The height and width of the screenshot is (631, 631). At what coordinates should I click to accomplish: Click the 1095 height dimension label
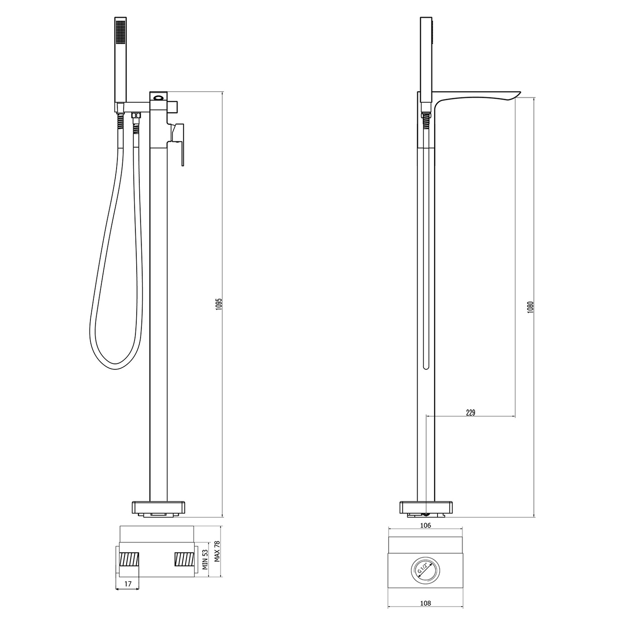pos(219,304)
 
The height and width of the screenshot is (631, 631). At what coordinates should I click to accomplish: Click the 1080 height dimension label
pos(531,307)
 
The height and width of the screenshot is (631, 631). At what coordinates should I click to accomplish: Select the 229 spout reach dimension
pos(471,413)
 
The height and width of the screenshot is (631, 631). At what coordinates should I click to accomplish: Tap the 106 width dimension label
pos(425,525)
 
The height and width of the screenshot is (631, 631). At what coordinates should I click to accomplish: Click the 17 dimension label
pos(128,583)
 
